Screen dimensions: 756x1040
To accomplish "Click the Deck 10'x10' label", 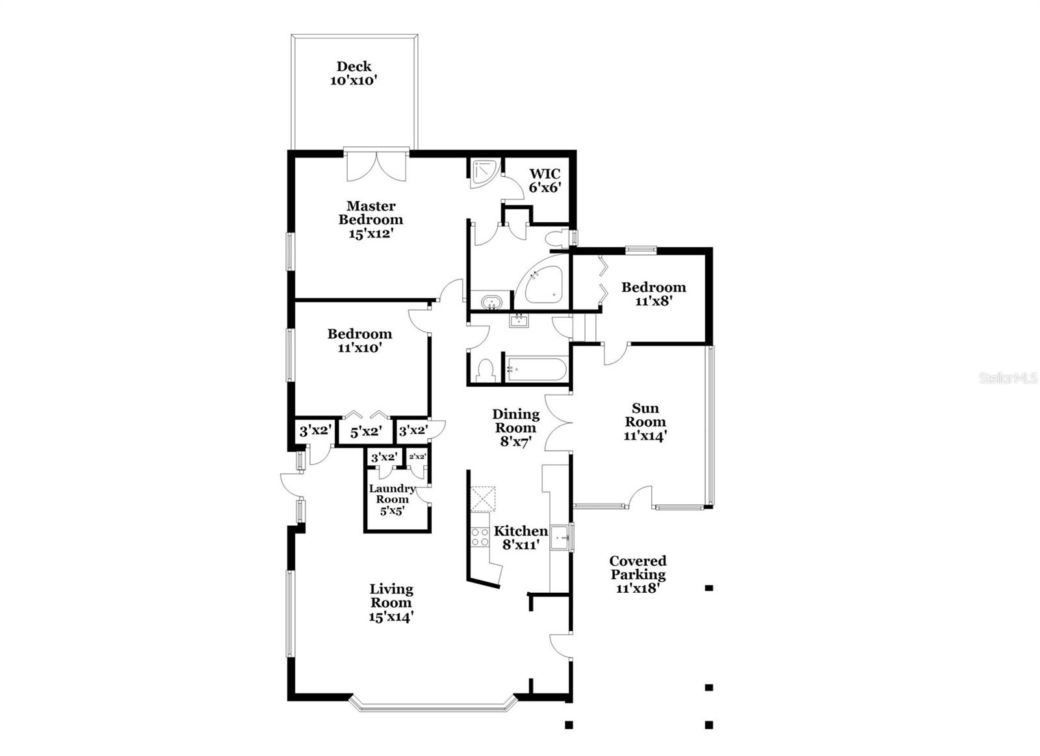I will [354, 73].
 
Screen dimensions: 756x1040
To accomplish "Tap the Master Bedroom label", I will [370, 220].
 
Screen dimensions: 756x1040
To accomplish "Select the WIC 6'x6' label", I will [544, 181].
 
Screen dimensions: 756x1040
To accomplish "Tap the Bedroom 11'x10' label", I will [359, 341].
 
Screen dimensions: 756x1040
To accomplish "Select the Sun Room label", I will [645, 422].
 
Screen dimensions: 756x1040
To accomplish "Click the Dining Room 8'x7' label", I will [515, 428].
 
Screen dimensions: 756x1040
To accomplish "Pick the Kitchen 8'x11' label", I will [521, 538].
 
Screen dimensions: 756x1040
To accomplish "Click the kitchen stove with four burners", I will [480, 537].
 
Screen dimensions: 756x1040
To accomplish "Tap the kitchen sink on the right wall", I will [560, 538].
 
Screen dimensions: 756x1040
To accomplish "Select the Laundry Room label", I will [392, 499].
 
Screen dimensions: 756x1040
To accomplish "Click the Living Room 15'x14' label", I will [391, 603].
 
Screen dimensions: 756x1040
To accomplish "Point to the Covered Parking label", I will [638, 575].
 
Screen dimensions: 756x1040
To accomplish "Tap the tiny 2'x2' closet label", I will [417, 457].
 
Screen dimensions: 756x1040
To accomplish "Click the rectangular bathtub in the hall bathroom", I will [536, 369].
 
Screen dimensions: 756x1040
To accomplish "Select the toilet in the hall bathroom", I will [486, 370].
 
